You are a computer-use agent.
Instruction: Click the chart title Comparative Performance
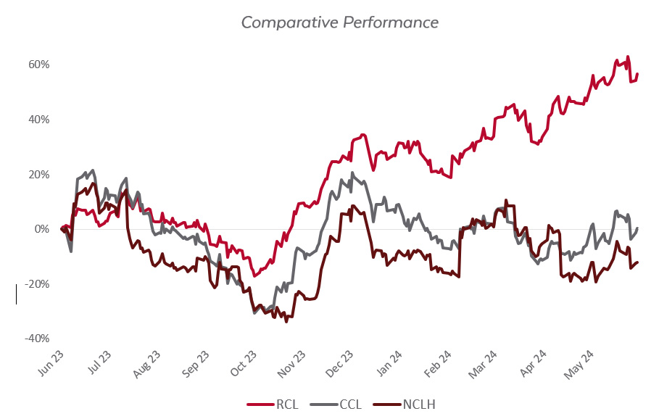[x=339, y=22]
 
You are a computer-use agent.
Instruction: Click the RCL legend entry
[x=274, y=404]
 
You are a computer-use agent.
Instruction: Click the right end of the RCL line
[x=637, y=74]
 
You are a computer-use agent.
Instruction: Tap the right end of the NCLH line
[x=638, y=262]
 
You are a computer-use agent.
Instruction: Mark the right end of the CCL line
[x=638, y=228]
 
